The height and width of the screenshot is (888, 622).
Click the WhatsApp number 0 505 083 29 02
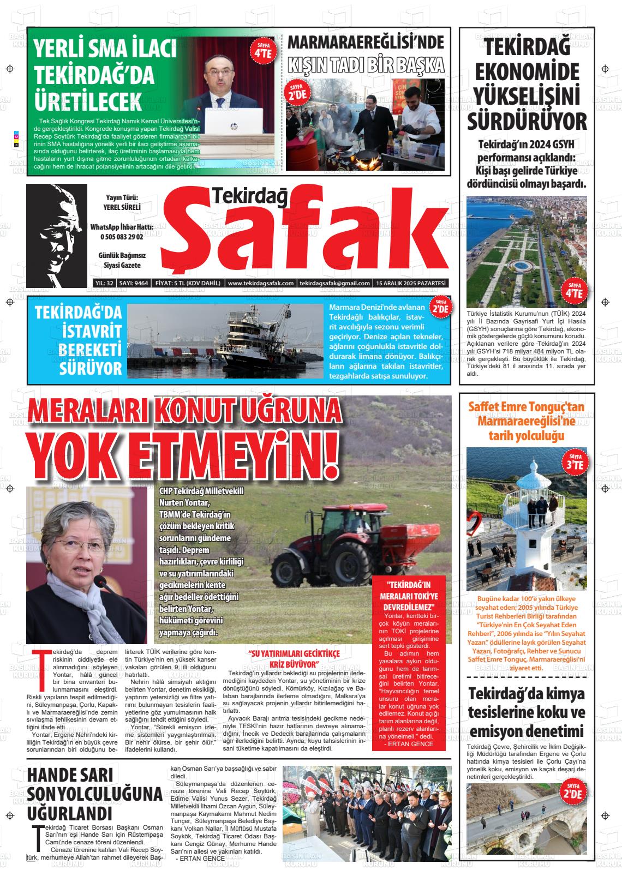click(x=121, y=237)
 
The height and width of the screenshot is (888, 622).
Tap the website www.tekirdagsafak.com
click(x=261, y=283)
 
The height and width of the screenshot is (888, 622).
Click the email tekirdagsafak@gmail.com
click(x=334, y=283)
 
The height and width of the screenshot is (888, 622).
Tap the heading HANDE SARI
click(x=70, y=775)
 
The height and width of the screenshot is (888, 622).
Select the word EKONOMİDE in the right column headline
click(x=527, y=72)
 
